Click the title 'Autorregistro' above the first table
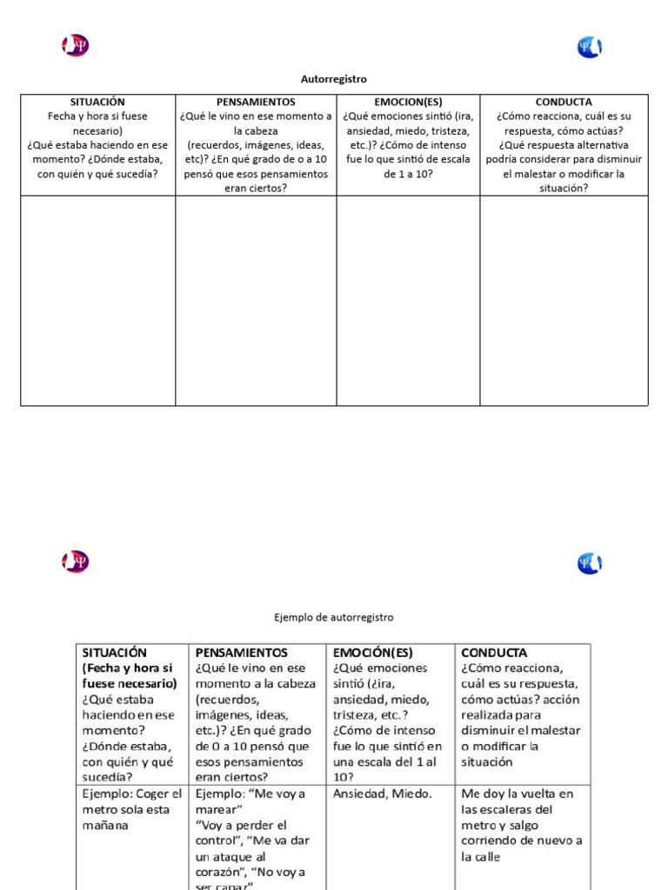(333, 79)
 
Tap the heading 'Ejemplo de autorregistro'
(333, 617)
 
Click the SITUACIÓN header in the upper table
(97, 102)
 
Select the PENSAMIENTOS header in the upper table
(256, 102)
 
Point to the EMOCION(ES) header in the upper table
(408, 102)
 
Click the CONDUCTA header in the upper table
(564, 102)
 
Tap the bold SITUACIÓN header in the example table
(115, 652)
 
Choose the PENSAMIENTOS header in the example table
(242, 652)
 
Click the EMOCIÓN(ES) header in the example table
(373, 652)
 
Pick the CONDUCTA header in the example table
(494, 652)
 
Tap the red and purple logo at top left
(76, 46)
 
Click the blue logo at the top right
(590, 47)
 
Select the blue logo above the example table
(590, 563)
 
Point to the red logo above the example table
(76, 561)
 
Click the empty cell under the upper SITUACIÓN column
(97, 300)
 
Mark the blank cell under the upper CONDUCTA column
(564, 300)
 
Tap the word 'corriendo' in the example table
(491, 840)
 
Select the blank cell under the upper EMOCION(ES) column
(408, 300)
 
